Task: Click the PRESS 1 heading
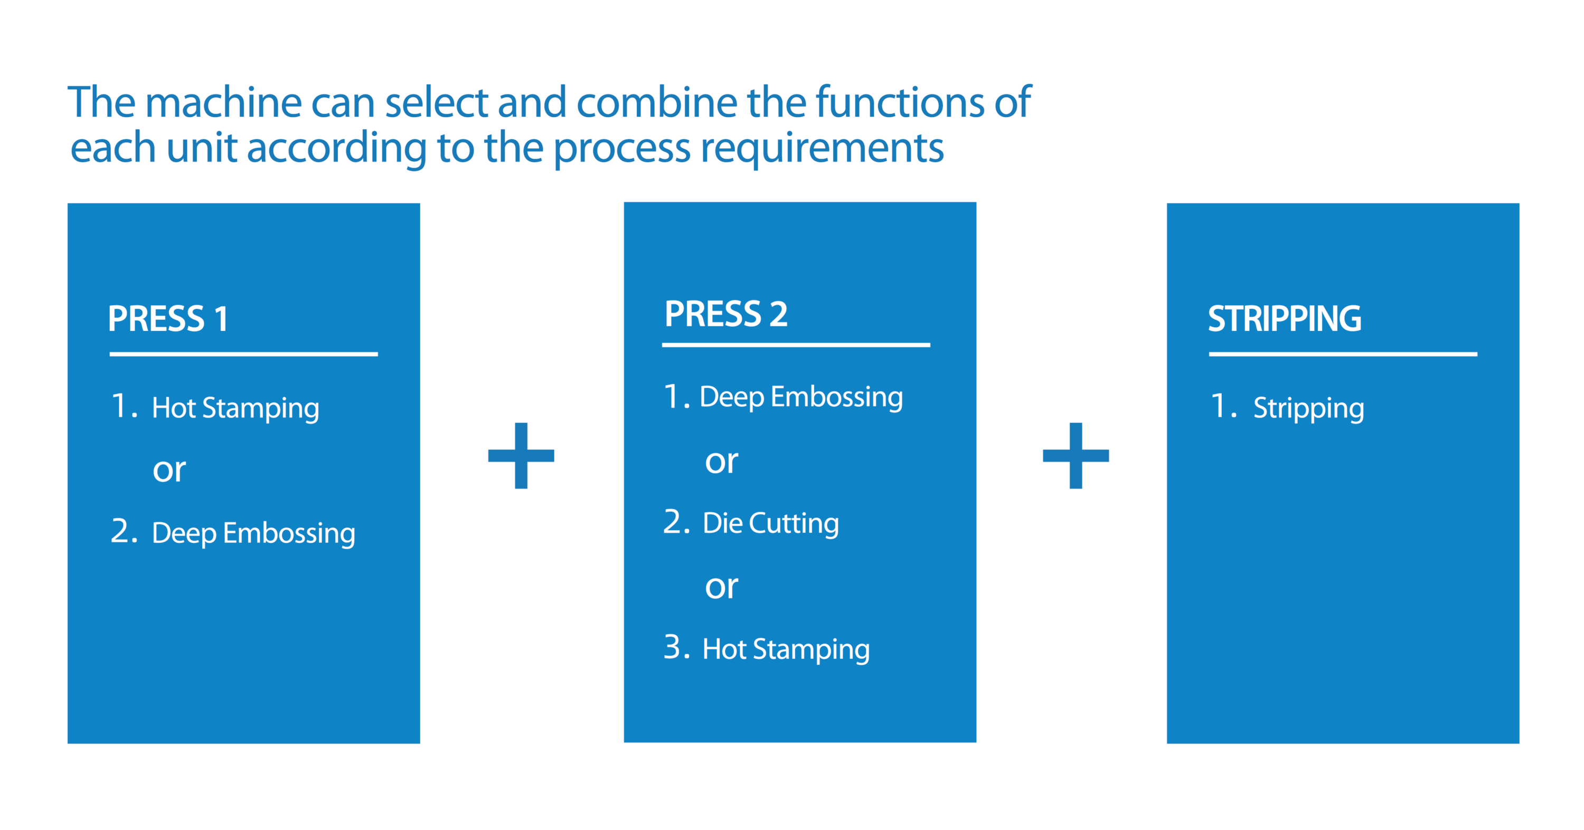168,318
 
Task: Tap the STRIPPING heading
1285,318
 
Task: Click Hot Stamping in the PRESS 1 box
235,408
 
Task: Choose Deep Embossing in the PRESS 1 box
253,533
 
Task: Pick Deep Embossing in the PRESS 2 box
801,397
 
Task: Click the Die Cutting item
770,524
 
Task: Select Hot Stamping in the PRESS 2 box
786,649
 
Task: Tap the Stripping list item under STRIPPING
1308,408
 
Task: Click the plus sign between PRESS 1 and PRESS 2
521,456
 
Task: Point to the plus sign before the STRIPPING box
1076,456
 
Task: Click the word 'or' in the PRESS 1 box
169,471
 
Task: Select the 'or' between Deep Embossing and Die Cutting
721,463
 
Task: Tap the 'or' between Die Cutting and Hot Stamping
721,588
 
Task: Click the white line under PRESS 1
243,354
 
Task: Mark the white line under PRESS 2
796,345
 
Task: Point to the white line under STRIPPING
1343,354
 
